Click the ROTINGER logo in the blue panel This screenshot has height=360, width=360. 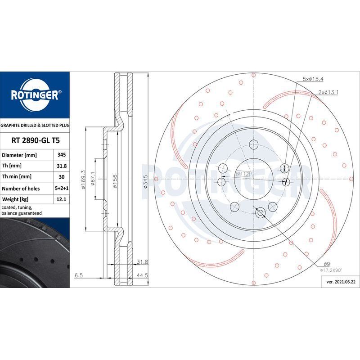point(35,95)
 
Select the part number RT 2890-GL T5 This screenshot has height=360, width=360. point(36,140)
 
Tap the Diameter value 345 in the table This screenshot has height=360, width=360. point(62,155)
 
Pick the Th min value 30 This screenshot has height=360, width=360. point(62,177)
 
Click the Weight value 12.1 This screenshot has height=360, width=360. point(61,199)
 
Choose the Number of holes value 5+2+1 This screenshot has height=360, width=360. point(62,188)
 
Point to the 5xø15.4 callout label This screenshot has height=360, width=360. point(313,79)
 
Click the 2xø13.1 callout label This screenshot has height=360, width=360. point(328,92)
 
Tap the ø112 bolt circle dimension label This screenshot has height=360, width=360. point(243,174)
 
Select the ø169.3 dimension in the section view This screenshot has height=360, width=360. point(83,180)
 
